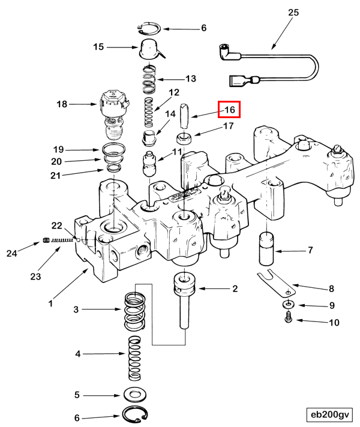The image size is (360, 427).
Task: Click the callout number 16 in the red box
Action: tap(229, 110)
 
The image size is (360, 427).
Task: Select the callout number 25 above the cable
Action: tap(293, 13)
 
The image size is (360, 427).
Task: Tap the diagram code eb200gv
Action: tap(329, 414)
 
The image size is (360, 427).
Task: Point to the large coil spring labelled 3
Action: tap(136, 311)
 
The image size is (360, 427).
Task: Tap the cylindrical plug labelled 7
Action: tap(266, 248)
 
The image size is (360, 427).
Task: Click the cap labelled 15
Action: tap(149, 48)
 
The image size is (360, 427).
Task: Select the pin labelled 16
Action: tap(185, 115)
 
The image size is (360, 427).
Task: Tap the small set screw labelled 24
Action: tap(45, 242)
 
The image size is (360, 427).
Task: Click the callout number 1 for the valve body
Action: tap(50, 303)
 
